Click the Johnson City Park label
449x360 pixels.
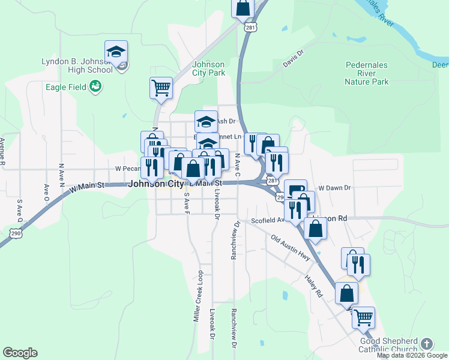click(208, 69)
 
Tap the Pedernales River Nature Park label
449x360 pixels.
click(367, 73)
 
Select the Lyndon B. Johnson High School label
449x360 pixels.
click(77, 65)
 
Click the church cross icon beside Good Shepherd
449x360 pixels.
click(426, 344)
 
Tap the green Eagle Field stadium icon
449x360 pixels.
click(95, 88)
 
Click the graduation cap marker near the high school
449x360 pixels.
click(116, 52)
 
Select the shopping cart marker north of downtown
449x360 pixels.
click(161, 88)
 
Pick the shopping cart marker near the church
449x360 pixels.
click(363, 317)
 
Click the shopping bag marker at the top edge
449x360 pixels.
click(243, 8)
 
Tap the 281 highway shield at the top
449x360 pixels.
click(248, 28)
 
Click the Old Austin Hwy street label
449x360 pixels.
click(291, 248)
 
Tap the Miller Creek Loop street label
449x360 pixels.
click(199, 296)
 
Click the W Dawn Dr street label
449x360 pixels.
click(334, 188)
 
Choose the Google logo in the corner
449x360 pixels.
click(20, 353)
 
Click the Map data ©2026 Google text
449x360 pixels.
click(412, 355)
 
